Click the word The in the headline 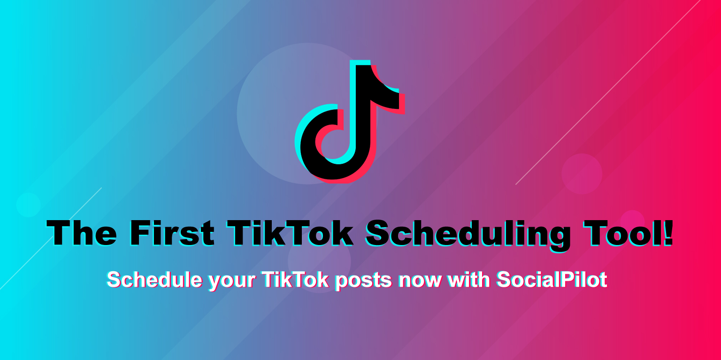[x=82, y=233]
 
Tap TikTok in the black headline [x=290, y=233]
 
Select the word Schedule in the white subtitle [x=155, y=280]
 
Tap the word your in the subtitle [x=232, y=282]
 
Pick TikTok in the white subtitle [x=295, y=280]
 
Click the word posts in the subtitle [x=363, y=281]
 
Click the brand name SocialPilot [x=552, y=280]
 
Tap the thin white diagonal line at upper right [x=608, y=92]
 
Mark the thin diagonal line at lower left [x=51, y=238]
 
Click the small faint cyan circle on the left [x=28, y=205]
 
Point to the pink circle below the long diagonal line [x=582, y=174]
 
